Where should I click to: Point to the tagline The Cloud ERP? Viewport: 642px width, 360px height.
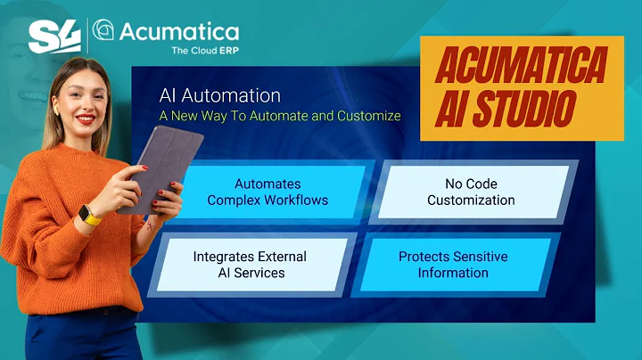204,51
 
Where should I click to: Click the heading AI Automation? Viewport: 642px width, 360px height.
219,95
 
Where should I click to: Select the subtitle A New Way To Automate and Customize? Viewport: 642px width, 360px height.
279,116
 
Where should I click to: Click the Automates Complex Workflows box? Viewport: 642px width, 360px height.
267,192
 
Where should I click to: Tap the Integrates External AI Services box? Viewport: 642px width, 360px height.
250,265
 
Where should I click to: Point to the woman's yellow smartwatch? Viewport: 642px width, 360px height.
90,215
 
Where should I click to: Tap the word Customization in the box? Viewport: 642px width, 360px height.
471,200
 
